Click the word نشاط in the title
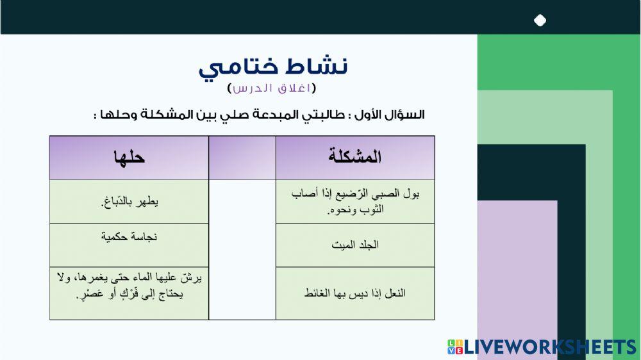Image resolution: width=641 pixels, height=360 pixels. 319,66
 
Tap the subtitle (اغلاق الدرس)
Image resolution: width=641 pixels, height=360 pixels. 272,88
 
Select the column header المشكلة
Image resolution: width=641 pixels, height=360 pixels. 354,157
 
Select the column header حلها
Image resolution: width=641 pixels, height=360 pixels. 129,157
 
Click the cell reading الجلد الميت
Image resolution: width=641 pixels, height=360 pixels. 355,245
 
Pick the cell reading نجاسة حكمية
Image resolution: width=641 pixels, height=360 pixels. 129,237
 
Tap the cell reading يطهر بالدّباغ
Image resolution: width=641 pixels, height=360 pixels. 129,202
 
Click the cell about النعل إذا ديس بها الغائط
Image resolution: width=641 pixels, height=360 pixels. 355,293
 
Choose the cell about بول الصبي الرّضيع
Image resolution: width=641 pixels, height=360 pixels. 355,201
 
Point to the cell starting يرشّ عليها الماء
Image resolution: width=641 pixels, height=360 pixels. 129,286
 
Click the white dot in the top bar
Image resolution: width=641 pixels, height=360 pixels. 540,20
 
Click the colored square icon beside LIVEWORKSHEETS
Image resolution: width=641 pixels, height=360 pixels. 454,347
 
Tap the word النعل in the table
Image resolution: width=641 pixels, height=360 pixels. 394,293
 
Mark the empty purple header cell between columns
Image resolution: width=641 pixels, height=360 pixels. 242,157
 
